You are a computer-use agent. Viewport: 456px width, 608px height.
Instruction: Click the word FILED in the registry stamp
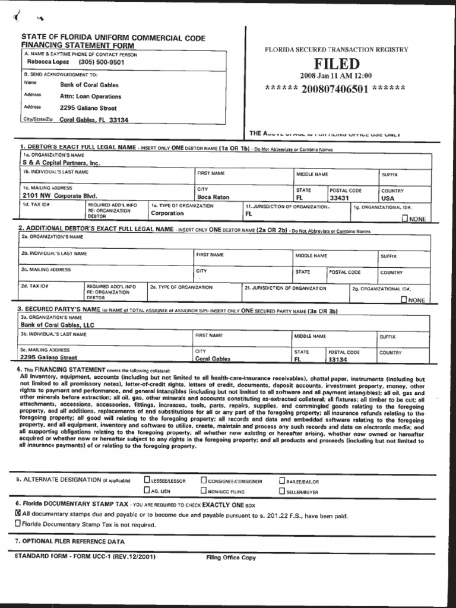337,64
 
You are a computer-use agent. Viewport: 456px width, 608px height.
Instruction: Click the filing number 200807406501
335,89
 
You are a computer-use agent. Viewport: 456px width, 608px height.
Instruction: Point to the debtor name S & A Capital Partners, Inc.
61,162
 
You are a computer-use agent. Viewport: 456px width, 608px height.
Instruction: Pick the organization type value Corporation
167,213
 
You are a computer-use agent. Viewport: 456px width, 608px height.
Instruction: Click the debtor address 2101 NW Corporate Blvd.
59,195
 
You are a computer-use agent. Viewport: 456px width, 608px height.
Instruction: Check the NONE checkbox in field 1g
405,218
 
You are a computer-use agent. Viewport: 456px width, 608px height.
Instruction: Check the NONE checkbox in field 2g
404,300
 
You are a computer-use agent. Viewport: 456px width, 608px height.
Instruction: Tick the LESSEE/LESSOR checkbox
147,480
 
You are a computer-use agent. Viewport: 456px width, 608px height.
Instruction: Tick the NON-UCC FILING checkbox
204,491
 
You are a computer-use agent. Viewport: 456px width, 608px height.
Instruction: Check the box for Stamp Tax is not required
17,524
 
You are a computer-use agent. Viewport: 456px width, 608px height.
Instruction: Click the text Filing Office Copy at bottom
231,558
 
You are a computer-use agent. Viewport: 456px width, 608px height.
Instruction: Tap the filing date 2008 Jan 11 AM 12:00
335,76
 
